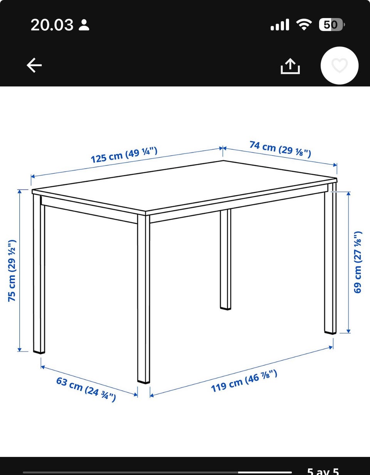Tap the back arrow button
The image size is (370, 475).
click(34, 65)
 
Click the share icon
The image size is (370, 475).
click(290, 66)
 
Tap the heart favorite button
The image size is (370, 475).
click(340, 65)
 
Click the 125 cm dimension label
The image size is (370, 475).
click(124, 155)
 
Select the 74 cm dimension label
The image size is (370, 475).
click(280, 149)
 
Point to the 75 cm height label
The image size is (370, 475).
click(12, 271)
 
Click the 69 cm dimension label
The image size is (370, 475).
click(358, 262)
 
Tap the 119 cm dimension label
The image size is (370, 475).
click(244, 381)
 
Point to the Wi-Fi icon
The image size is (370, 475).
click(304, 24)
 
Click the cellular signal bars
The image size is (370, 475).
click(280, 24)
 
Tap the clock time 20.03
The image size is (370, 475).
click(52, 25)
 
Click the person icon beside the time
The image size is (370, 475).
click(84, 25)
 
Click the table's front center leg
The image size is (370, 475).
click(144, 299)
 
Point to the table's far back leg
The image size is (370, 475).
click(225, 260)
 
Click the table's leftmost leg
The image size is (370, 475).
click(39, 274)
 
